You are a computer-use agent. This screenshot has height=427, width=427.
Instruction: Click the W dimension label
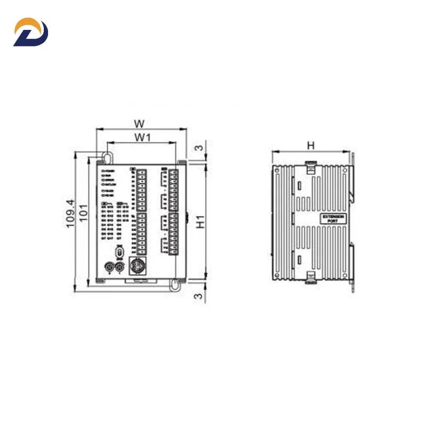coord(140,123)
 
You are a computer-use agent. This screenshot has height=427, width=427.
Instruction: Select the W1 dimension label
coord(141,137)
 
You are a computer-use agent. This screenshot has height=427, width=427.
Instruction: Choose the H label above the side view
coord(311,145)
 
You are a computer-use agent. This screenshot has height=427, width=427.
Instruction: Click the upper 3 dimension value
coord(199,147)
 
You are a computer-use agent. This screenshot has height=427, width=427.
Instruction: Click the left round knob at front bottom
coord(110,267)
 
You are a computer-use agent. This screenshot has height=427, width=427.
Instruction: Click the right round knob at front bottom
coord(120,267)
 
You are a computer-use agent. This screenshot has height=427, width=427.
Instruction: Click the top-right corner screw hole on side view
coord(344,170)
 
